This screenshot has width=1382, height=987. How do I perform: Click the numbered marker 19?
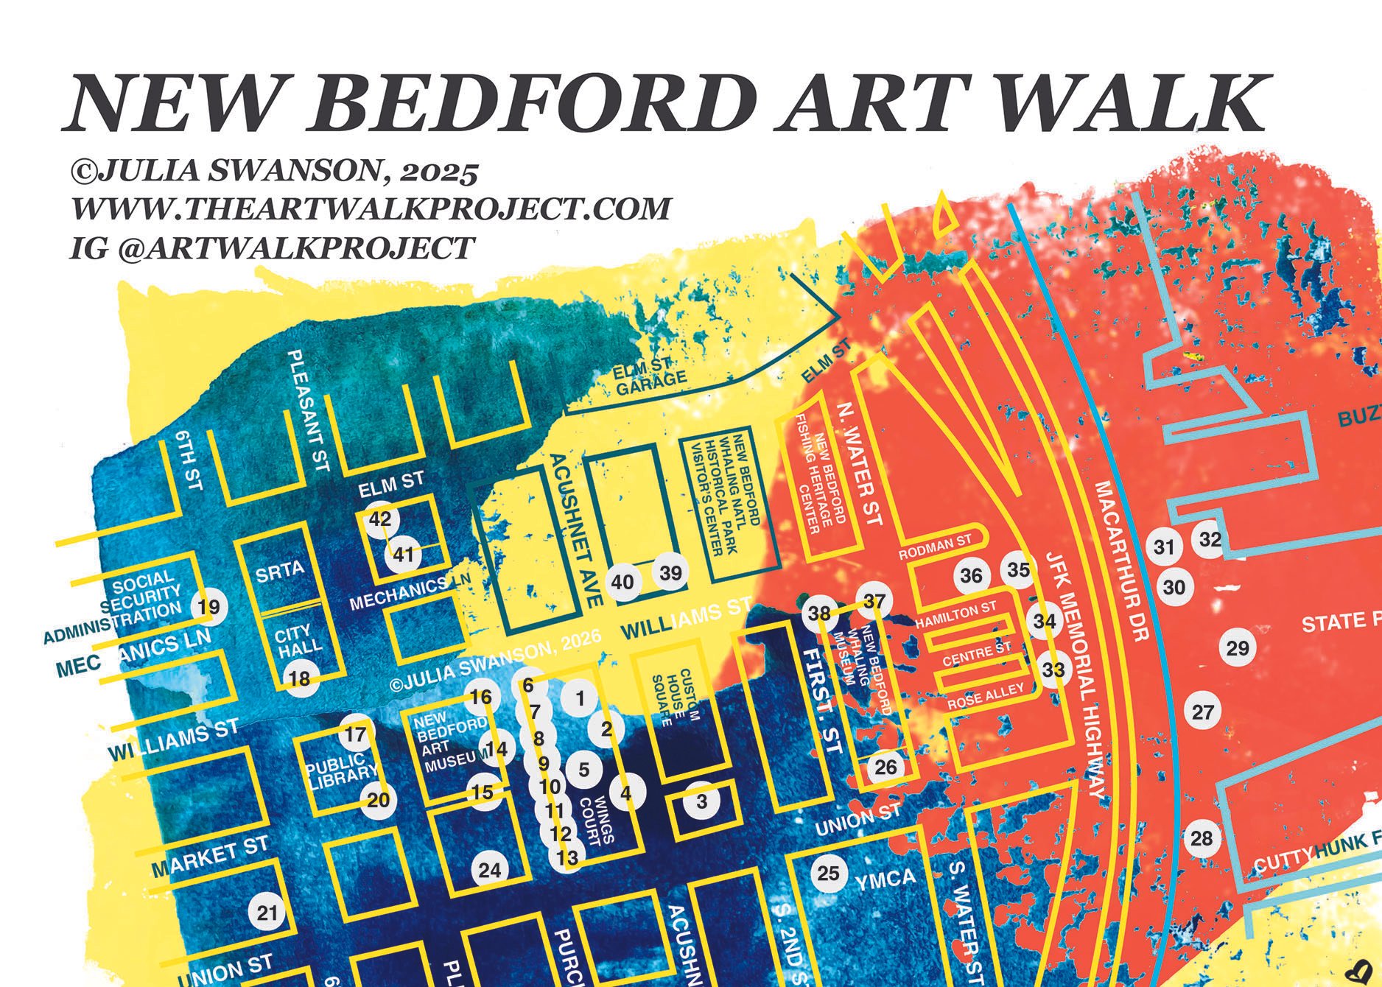coord(209,608)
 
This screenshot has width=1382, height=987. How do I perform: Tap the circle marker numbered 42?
coord(380,519)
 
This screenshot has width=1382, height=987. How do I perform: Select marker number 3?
coord(701,801)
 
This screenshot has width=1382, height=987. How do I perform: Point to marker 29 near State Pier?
coord(1238,648)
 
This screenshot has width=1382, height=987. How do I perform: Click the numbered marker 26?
coord(885,768)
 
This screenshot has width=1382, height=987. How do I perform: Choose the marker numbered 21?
coord(267,913)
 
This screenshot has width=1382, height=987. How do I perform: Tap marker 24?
coord(490,871)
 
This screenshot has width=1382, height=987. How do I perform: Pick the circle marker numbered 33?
coord(1054,670)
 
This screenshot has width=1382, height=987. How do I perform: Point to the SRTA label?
coord(280,571)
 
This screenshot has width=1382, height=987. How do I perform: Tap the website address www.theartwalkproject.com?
coord(371,208)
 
